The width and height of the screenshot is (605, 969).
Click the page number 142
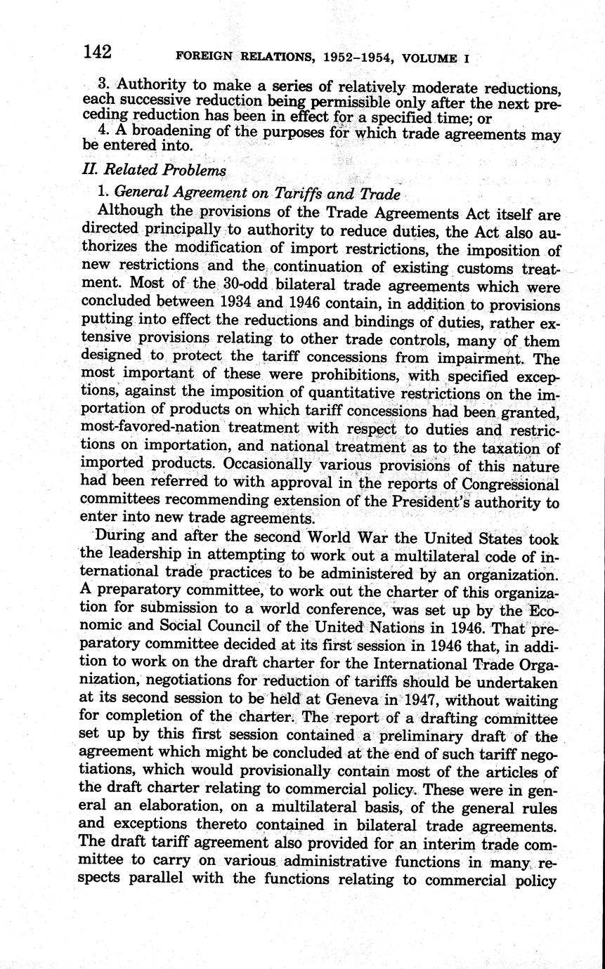coord(97,51)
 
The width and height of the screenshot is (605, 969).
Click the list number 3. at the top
coord(107,84)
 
